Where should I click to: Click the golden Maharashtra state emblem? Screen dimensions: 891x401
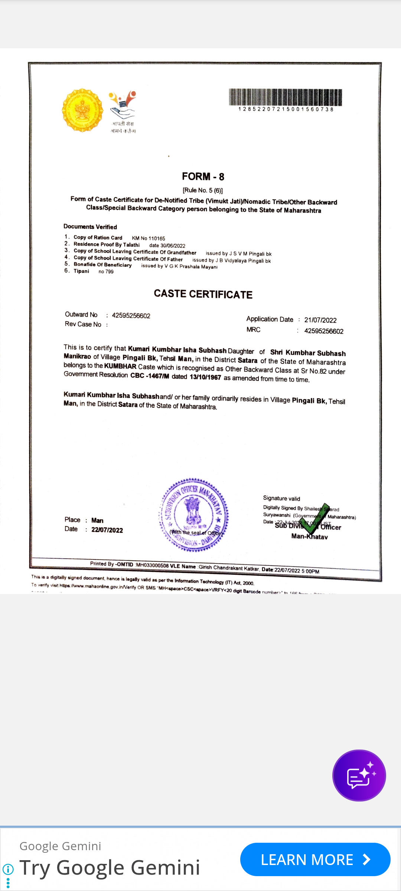tap(82, 110)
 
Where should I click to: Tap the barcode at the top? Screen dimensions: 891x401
tap(285, 98)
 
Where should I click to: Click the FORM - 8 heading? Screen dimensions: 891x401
tap(203, 176)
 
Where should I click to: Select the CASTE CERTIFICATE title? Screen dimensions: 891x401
tap(203, 294)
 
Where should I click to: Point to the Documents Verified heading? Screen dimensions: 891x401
tap(90, 227)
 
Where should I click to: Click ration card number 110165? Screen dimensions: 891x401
tap(157, 238)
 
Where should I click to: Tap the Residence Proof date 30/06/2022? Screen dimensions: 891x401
tap(173, 246)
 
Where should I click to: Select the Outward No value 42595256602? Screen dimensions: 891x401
tap(131, 316)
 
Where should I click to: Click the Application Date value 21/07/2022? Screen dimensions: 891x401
tap(320, 320)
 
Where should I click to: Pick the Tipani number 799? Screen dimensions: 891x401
tap(109, 272)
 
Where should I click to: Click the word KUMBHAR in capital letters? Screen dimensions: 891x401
tap(120, 366)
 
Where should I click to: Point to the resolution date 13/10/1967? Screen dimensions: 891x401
tap(205, 377)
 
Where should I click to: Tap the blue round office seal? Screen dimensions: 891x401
tap(194, 515)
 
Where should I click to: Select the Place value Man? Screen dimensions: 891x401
tap(97, 520)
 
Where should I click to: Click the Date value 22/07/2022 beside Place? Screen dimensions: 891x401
tap(107, 530)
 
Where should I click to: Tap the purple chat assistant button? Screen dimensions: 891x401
tap(359, 776)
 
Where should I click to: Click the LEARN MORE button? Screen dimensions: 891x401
tap(315, 859)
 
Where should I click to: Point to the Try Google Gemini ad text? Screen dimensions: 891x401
tap(110, 868)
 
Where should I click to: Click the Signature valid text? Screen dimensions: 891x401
tap(281, 498)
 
